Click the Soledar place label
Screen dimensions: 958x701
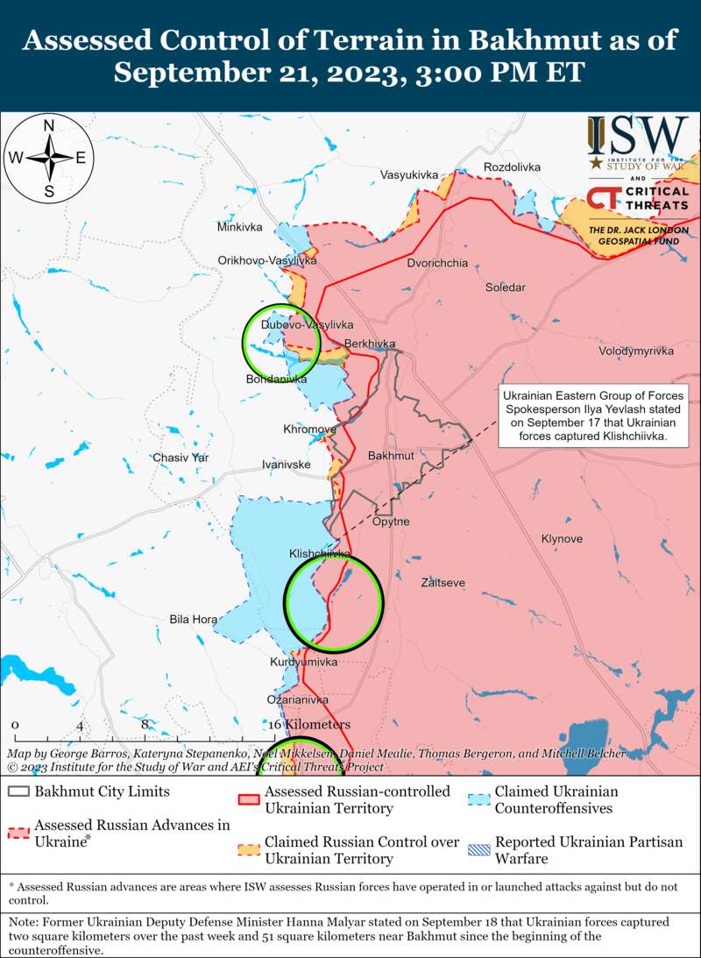click(x=506, y=287)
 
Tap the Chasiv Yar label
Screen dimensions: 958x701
click(x=181, y=458)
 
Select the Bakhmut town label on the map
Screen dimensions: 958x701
click(x=391, y=457)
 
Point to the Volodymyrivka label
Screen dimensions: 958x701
click(x=636, y=351)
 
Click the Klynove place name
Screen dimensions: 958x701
click(x=563, y=538)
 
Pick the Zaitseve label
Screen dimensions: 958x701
click(x=443, y=582)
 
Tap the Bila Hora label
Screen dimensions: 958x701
click(x=194, y=619)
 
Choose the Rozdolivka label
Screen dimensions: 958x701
click(x=513, y=167)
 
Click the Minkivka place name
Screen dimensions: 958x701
click(x=240, y=227)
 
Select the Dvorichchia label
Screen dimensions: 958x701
click(x=437, y=263)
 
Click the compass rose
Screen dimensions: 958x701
click(x=50, y=158)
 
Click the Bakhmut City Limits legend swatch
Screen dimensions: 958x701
click(x=18, y=791)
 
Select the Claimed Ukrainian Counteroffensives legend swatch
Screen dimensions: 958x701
click(x=478, y=799)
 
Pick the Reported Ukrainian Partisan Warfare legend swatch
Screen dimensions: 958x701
click(x=478, y=849)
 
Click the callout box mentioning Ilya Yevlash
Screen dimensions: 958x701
click(x=593, y=415)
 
